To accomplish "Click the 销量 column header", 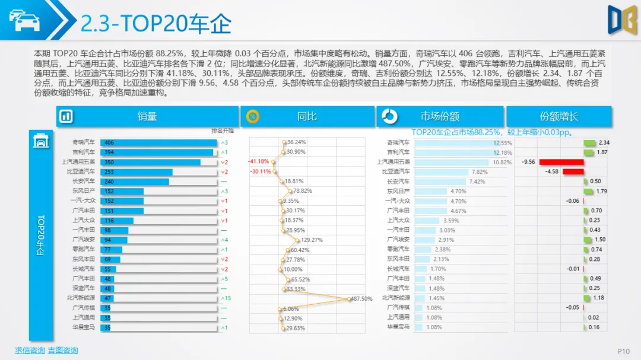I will coord(147,117).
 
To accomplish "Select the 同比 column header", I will coord(307,117).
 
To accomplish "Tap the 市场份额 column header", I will coord(440,117).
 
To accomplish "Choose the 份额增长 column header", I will coord(559,117).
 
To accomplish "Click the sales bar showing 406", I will coord(158,143).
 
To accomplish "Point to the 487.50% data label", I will coord(361,299).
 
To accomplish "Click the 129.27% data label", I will coord(312,240).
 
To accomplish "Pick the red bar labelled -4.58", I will coord(573,172).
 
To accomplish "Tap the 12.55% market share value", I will coord(502,143).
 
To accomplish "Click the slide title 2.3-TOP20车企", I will coord(156,24).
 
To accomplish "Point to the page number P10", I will coord(623,352).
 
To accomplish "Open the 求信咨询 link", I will coord(30,351).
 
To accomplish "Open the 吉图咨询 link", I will coord(63,351).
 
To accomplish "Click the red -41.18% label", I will coord(259,161).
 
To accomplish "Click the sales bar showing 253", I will coord(137,172).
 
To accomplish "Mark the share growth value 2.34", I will coord(604,143).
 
